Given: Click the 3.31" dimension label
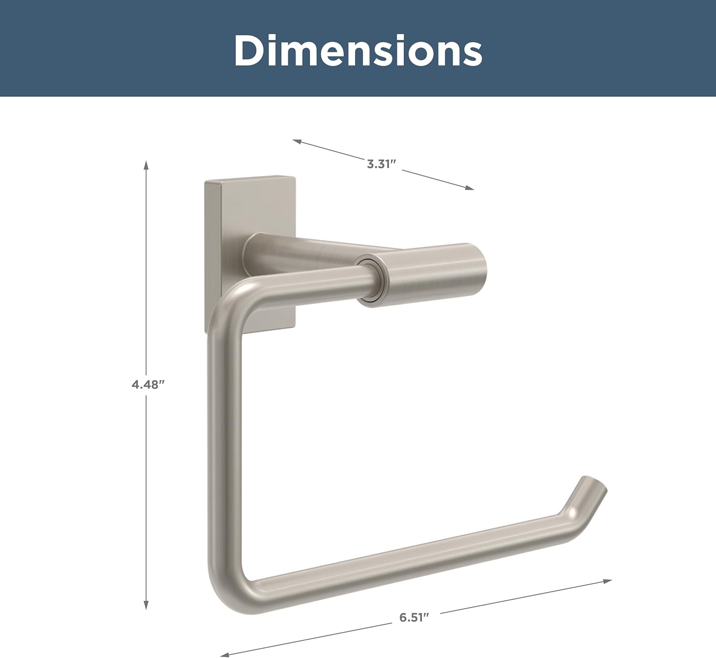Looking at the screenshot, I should pyautogui.click(x=381, y=164).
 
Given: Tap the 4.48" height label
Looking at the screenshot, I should pyautogui.click(x=148, y=384).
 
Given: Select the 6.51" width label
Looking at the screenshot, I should pyautogui.click(x=414, y=617).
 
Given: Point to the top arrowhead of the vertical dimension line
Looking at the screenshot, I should pyautogui.click(x=146, y=165).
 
